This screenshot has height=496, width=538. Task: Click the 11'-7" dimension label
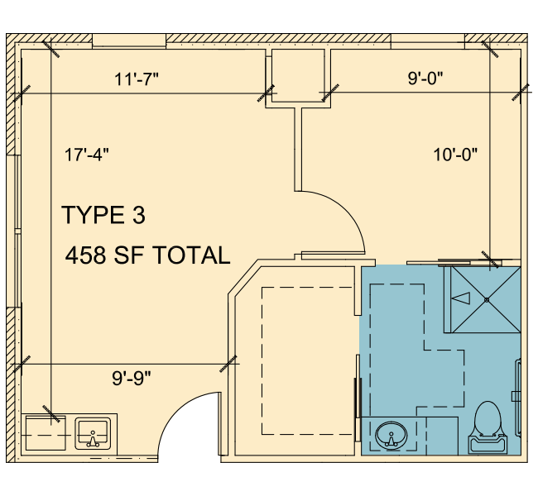(x=137, y=79)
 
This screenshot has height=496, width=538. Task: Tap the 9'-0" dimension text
(x=425, y=79)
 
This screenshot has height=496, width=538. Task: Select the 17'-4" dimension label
(x=86, y=155)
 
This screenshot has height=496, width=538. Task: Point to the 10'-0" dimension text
(x=455, y=155)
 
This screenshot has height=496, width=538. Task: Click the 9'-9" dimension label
(x=132, y=379)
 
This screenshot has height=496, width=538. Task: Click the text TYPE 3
(x=103, y=215)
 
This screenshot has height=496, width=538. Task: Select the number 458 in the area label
(x=85, y=255)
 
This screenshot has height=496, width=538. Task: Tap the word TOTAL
(x=190, y=255)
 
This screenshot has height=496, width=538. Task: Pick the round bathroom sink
(x=391, y=436)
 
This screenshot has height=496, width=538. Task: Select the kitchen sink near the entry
(x=93, y=433)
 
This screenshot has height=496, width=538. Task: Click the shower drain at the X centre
(x=487, y=300)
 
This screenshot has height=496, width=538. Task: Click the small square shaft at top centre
(x=298, y=76)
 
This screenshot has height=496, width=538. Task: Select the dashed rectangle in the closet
(x=307, y=361)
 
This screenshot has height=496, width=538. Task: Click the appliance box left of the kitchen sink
(x=46, y=433)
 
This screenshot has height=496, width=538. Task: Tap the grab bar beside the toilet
(x=518, y=398)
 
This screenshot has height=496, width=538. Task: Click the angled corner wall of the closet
(x=243, y=277)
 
